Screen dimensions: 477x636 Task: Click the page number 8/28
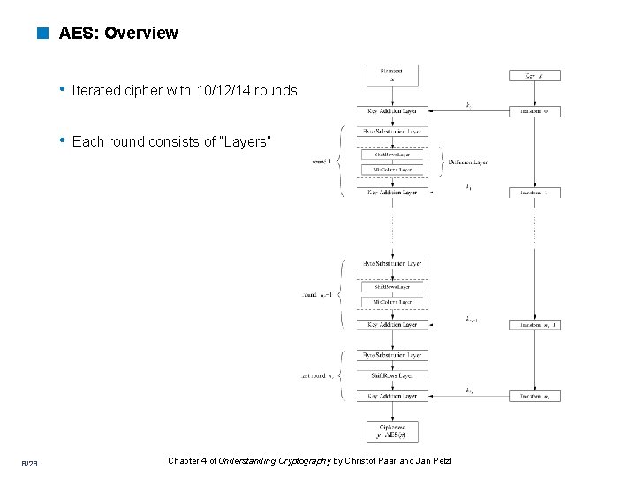tap(30, 463)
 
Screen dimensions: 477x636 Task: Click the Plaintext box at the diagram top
tap(392, 74)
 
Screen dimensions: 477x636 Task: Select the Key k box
tap(534, 76)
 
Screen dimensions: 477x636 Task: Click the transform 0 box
tap(534, 111)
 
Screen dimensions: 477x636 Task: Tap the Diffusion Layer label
tap(467, 162)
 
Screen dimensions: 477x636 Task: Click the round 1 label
tap(321, 162)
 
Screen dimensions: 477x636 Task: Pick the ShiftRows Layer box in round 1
tap(392, 154)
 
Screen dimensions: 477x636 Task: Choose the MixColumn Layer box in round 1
tap(392, 169)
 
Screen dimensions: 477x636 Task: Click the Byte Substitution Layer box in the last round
tap(392, 355)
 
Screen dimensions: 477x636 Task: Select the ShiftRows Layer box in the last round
tap(392, 375)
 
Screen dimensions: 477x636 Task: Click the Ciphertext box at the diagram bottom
tap(392, 430)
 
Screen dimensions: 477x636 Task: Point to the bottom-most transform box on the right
tap(534, 396)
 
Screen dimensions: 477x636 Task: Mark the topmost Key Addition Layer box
tap(392, 111)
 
